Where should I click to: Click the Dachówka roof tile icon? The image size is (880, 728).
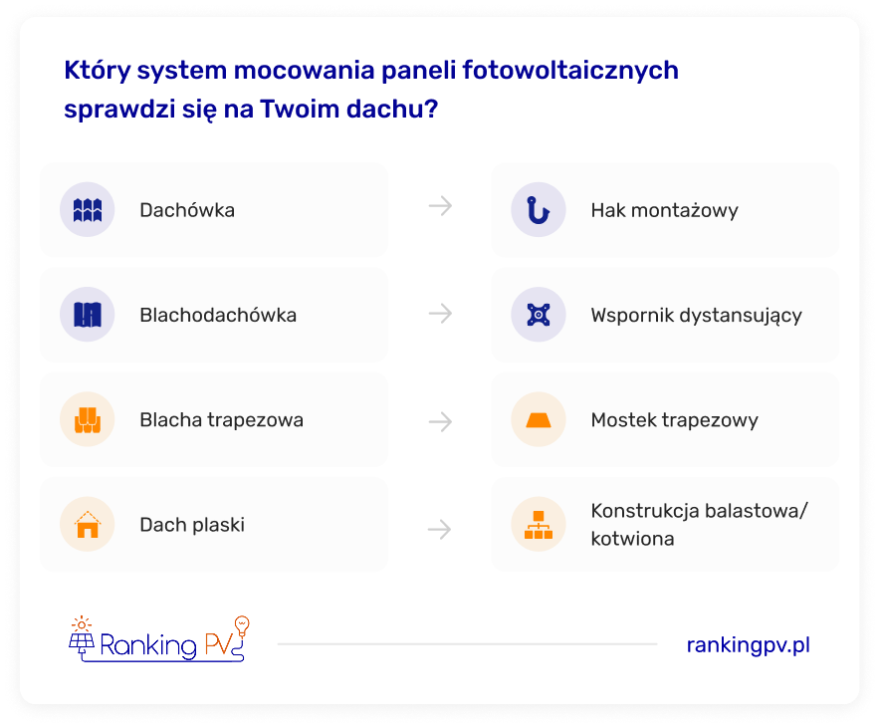(88, 210)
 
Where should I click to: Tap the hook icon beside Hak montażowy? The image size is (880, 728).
(538, 210)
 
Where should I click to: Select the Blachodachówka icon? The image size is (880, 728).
(88, 315)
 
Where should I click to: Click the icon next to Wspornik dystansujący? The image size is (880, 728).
(539, 315)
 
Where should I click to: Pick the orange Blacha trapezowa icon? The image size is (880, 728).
(88, 420)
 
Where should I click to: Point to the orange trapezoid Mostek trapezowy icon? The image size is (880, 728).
(539, 420)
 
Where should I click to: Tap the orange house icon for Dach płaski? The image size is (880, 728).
(88, 525)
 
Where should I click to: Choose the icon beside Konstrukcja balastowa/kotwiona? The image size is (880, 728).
(539, 525)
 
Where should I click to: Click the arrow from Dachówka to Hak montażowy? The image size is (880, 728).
(441, 206)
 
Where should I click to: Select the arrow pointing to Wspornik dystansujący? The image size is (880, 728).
(441, 313)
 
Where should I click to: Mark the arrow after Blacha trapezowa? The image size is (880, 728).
(441, 421)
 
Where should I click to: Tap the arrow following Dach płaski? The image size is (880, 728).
(439, 529)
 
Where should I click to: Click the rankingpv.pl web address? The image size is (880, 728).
(749, 645)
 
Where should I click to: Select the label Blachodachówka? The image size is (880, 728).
(218, 315)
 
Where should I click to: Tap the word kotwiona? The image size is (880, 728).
(632, 539)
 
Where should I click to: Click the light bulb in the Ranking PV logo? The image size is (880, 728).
(242, 624)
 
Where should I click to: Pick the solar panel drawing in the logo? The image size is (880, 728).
(82, 642)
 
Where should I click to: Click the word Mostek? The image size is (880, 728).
(623, 420)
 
